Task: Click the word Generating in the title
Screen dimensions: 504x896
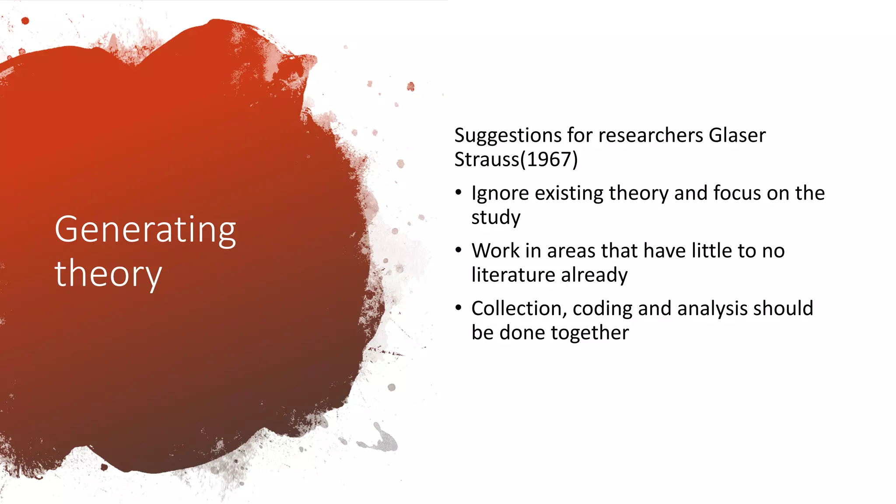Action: point(145,230)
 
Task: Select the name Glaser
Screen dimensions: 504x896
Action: point(737,135)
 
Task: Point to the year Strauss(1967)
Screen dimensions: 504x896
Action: point(516,160)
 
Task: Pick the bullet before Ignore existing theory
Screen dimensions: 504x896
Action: point(458,192)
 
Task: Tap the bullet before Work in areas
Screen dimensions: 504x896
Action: point(458,250)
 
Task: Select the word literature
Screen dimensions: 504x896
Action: point(513,275)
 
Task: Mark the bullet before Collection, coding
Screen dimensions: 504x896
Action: point(458,308)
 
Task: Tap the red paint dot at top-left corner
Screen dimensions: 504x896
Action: point(25,21)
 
